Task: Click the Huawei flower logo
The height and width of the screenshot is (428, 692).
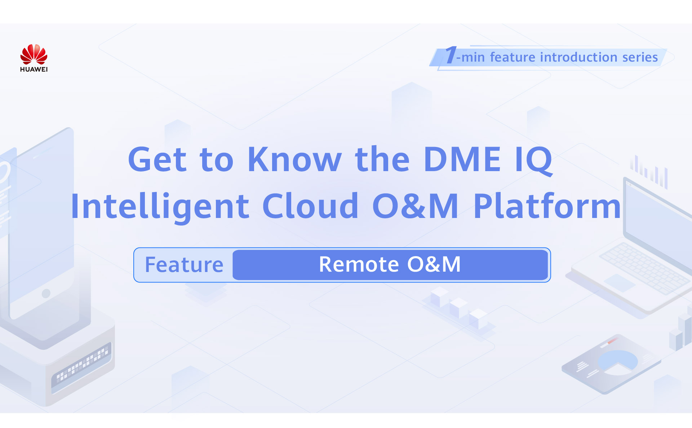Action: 34,54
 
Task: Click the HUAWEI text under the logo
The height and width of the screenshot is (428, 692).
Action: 34,69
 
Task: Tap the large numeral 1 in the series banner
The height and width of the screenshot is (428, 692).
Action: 451,55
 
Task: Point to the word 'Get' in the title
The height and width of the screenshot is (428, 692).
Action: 157,160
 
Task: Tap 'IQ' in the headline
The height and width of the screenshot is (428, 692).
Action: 533,161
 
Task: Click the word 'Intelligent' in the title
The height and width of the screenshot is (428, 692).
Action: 160,207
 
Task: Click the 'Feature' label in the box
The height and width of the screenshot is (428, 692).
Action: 184,265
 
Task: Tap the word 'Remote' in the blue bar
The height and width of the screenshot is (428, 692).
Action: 359,264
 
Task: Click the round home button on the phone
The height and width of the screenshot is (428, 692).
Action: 46,293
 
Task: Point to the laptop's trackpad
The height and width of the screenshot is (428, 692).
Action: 620,283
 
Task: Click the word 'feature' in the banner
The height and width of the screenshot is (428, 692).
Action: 513,57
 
